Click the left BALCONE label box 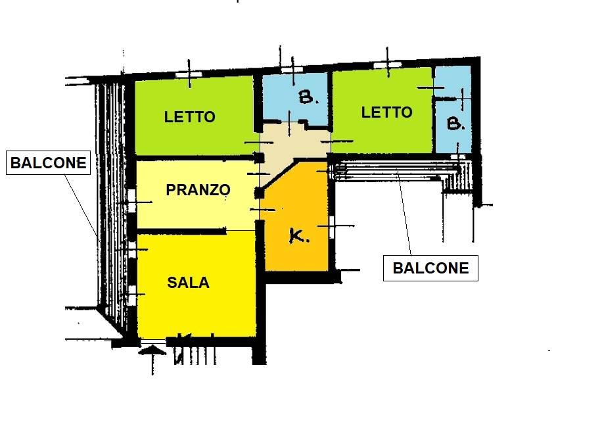[x=49, y=163]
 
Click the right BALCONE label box [x=430, y=268]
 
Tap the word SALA [x=188, y=283]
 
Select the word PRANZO [x=198, y=190]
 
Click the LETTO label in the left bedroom [x=189, y=117]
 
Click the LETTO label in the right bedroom [x=387, y=112]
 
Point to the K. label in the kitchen [x=299, y=237]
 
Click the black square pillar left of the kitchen [x=259, y=193]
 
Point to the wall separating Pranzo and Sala [x=177, y=231]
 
